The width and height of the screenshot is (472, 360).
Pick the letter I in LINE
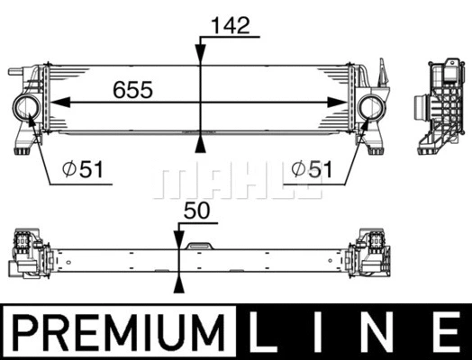323,331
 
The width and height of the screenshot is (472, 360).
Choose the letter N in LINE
382,331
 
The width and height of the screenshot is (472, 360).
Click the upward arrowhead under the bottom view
179,285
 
